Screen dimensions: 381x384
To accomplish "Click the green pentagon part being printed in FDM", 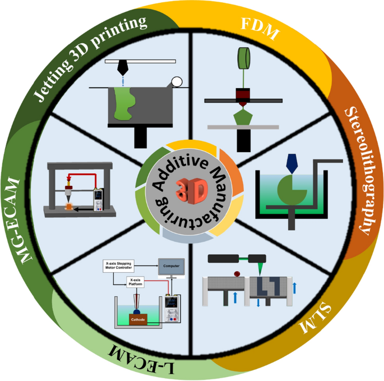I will click(243, 118).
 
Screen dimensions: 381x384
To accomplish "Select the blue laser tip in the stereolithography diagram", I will click(292, 163).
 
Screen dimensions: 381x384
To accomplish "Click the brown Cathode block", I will click(137, 319).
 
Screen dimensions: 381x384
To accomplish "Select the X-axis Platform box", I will click(135, 282).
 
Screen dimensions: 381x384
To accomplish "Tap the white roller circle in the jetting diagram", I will click(177, 81).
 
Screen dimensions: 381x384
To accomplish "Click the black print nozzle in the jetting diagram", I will click(122, 68).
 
